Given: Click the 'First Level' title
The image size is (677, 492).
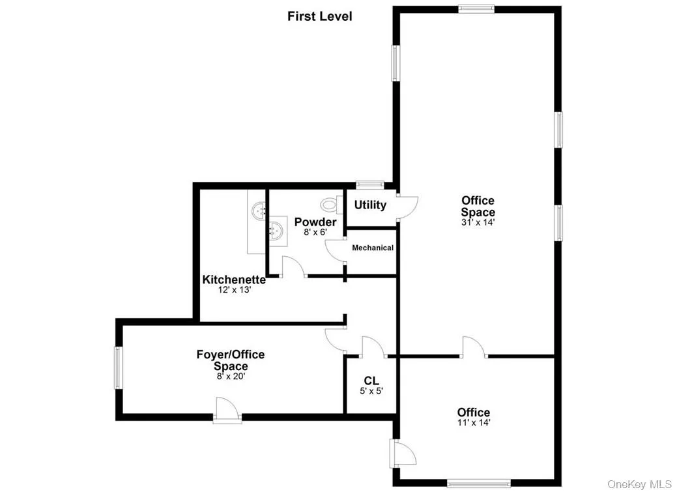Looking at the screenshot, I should tap(319, 16).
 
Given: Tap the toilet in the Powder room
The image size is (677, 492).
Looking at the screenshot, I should tap(333, 205).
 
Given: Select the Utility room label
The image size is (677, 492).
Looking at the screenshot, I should tap(370, 205).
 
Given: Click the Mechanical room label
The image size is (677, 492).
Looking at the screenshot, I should tap(373, 248).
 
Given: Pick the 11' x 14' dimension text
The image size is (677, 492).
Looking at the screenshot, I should tap(474, 423).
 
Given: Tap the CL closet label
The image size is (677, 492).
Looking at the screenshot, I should tap(371, 381).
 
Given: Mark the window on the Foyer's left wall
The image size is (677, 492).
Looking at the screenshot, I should tap(119, 368).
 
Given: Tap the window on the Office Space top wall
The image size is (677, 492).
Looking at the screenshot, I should tap(476, 8).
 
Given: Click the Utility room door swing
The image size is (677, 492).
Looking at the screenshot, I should tap(407, 207).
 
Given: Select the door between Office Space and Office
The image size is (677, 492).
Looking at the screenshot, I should tap(473, 348).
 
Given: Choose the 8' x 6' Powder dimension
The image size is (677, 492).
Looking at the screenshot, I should tap(315, 232).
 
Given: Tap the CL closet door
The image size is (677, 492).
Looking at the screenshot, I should tap(374, 347).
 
